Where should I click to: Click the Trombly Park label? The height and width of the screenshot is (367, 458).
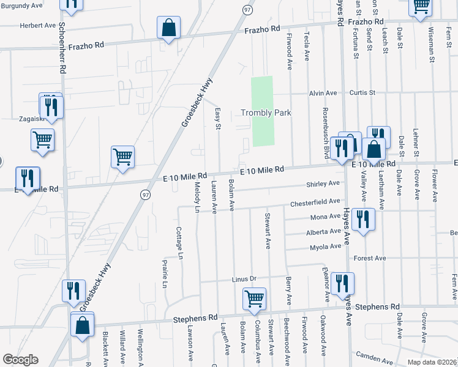tap(265, 113)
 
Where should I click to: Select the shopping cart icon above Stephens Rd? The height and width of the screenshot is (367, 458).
tap(254, 300)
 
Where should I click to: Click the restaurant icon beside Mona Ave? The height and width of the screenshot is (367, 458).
tap(363, 220)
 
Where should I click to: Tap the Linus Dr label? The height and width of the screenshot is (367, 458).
tap(243, 279)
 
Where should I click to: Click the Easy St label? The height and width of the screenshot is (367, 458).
tap(218, 119)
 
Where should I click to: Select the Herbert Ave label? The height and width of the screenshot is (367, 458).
tap(37, 26)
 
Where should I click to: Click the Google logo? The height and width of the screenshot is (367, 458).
tap(20, 360)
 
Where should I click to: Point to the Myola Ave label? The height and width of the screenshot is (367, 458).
tap(326, 247)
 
